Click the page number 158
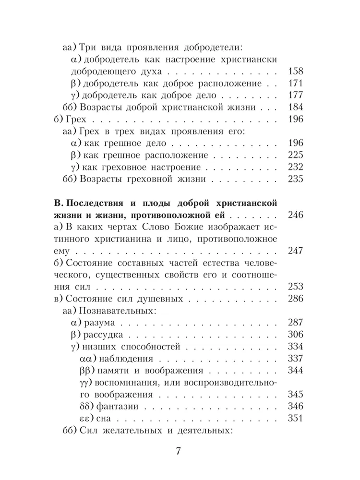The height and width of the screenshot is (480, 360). (x=293, y=72)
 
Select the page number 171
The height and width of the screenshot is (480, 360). (x=293, y=84)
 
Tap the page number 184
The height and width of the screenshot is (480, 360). (x=293, y=107)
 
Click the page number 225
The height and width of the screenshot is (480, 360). (x=293, y=155)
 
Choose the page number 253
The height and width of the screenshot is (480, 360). (x=293, y=287)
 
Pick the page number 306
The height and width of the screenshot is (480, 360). (x=293, y=335)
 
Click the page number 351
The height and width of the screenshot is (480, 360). (x=293, y=419)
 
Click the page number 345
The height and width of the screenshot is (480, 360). (x=293, y=395)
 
